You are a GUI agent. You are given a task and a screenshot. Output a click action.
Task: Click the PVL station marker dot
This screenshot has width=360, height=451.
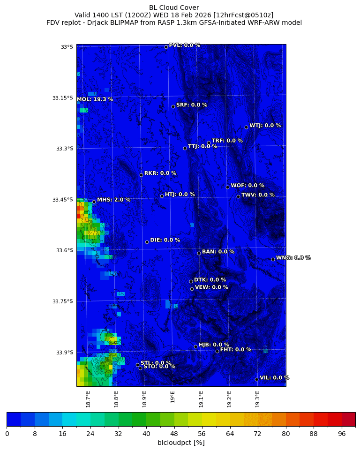pyautogui.click(x=166, y=47)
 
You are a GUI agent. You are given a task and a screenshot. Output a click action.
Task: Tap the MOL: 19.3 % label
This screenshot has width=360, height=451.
pyautogui.click(x=95, y=99)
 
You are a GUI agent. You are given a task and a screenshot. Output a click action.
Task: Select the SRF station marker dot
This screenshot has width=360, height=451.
pyautogui.click(x=173, y=106)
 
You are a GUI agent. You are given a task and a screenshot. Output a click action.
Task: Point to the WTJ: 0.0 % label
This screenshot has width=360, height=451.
pyautogui.click(x=265, y=126)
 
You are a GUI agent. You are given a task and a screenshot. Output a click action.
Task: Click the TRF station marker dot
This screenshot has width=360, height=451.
pyautogui.click(x=209, y=143)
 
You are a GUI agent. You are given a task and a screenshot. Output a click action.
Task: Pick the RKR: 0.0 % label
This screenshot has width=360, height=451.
pyautogui.click(x=160, y=173)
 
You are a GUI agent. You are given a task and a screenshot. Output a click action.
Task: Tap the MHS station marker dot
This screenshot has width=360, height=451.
pyautogui.click(x=94, y=202)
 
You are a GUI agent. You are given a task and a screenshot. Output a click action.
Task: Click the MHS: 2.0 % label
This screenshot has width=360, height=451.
pyautogui.click(x=114, y=200)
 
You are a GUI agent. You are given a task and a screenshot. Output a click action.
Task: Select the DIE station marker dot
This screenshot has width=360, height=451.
pyautogui.click(x=147, y=242)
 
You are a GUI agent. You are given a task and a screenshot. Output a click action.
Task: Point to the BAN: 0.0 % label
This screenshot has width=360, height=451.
pyautogui.click(x=218, y=252)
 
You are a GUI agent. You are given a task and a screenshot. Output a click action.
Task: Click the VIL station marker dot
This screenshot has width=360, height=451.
pyautogui.click(x=256, y=379)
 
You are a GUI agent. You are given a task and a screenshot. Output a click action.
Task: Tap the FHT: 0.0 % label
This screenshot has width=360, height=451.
pyautogui.click(x=236, y=349)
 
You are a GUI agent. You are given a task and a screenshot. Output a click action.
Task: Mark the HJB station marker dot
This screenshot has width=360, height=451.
pyautogui.click(x=195, y=346)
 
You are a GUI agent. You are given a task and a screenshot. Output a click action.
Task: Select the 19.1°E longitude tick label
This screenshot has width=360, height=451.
pyautogui.click(x=201, y=399)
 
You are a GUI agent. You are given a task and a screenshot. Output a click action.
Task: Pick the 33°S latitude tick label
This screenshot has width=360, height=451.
pyautogui.click(x=67, y=47)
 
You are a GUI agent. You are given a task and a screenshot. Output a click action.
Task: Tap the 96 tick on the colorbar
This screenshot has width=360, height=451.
pyautogui.click(x=342, y=434)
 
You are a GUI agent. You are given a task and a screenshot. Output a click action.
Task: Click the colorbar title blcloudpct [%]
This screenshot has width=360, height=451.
pyautogui.click(x=181, y=443)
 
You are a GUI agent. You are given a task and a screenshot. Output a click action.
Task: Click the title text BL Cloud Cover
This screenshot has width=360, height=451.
pyautogui.click(x=174, y=8)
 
